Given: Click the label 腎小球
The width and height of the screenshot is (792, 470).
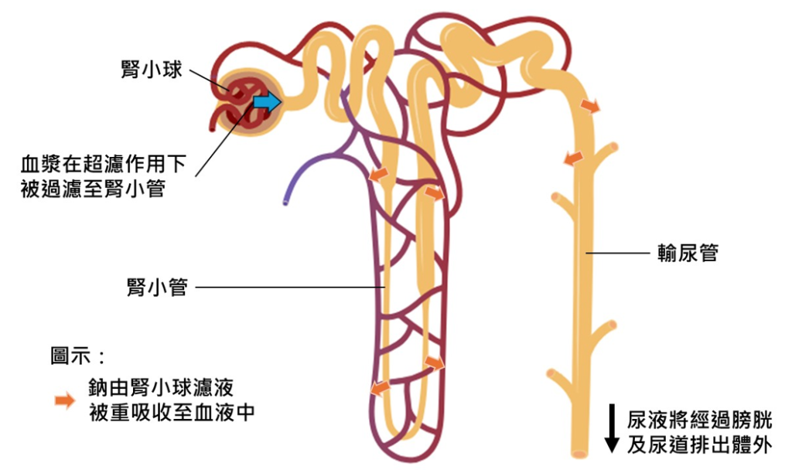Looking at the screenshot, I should pos(152,70).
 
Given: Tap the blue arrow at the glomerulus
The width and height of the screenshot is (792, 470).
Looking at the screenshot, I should pos(268,100).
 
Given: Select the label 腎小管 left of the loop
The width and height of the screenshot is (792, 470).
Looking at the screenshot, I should pos(157,288).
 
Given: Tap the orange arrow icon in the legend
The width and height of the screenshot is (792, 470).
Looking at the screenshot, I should pos(64,400).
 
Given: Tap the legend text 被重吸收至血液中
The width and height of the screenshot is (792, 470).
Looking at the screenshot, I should pos(172,412).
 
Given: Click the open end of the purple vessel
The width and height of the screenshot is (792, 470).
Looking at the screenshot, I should pos(285,203).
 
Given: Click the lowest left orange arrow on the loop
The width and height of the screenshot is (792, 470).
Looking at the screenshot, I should pos(378,387).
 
